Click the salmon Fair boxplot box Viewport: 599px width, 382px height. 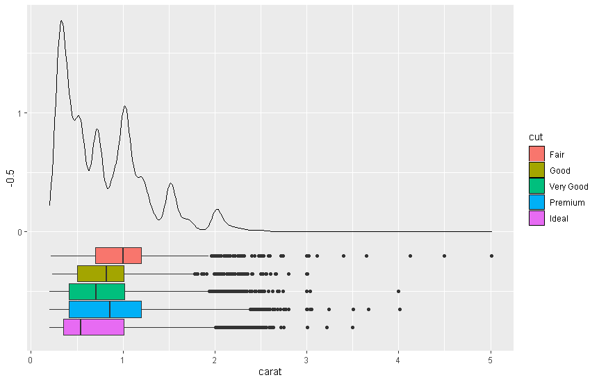click(x=118, y=256)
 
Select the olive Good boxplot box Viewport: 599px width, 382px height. click(x=101, y=274)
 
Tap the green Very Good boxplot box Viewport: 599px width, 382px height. click(x=97, y=292)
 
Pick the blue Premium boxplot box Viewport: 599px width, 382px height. click(x=106, y=310)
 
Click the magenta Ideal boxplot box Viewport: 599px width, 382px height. click(x=94, y=327)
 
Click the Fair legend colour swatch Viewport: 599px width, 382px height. click(x=536, y=154)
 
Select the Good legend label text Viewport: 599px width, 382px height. click(x=559, y=170)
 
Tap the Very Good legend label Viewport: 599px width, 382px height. click(x=568, y=186)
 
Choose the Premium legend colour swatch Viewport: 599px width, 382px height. click(x=536, y=202)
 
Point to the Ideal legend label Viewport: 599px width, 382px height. click(x=559, y=219)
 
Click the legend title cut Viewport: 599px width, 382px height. click(x=536, y=137)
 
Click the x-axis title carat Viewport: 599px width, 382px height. click(x=270, y=372)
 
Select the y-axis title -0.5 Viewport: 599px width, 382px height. click(x=10, y=178)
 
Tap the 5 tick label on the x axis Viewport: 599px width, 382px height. click(x=491, y=360)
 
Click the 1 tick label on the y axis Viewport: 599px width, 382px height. click(x=19, y=113)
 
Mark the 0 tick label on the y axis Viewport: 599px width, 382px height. click(x=19, y=232)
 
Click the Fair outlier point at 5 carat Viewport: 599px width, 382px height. click(x=491, y=256)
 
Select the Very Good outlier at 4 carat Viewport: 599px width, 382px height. click(x=398, y=292)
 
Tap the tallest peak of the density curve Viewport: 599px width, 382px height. click(x=61, y=21)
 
